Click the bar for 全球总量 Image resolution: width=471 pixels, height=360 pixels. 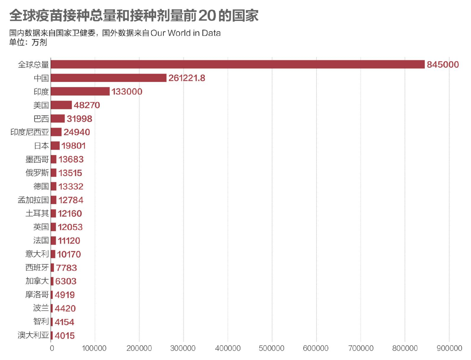[237, 64]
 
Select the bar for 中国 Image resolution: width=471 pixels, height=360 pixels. [108, 78]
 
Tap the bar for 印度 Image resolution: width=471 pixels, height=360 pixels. [80, 91]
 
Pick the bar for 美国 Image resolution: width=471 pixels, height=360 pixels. [61, 105]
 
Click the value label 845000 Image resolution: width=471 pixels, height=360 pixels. [443, 65]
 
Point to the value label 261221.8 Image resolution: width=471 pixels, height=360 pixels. [187, 78]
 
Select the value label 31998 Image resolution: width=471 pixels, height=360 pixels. [79, 119]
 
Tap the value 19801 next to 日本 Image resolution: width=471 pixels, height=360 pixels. [73, 146]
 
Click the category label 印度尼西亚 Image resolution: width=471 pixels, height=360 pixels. [30, 132]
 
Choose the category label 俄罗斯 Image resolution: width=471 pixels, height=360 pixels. [37, 173]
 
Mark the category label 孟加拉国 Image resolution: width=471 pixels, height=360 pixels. [33, 200]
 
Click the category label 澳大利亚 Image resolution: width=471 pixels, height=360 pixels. [33, 335]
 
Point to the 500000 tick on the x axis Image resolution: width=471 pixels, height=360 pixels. [271, 348]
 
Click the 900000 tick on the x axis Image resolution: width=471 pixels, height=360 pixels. [449, 348]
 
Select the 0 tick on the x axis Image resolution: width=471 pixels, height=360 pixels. [52, 348]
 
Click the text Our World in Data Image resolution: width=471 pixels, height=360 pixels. [185, 33]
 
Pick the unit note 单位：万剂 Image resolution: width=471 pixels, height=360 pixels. [28, 42]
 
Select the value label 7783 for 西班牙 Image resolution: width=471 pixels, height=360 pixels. [66, 268]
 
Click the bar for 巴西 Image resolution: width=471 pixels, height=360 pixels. [58, 119]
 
